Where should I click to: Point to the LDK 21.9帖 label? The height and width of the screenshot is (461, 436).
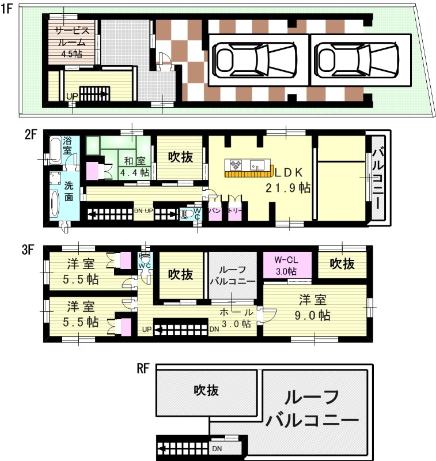tap(287, 180)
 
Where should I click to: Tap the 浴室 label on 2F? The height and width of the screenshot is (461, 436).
tap(67, 146)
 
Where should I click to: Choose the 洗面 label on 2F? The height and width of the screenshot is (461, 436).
tap(68, 192)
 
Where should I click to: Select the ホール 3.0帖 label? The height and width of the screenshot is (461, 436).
tap(236, 318)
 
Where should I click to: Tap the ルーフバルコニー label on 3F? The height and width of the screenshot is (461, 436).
tap(231, 276)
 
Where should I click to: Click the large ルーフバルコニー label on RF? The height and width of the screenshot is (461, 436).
tap(314, 409)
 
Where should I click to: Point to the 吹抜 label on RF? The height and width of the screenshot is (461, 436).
tap(206, 390)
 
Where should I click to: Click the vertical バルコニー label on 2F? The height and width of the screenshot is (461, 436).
tap(378, 179)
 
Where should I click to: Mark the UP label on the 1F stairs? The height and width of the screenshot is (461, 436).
tap(71, 96)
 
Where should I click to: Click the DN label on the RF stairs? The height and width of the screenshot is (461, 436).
tap(217, 448)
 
